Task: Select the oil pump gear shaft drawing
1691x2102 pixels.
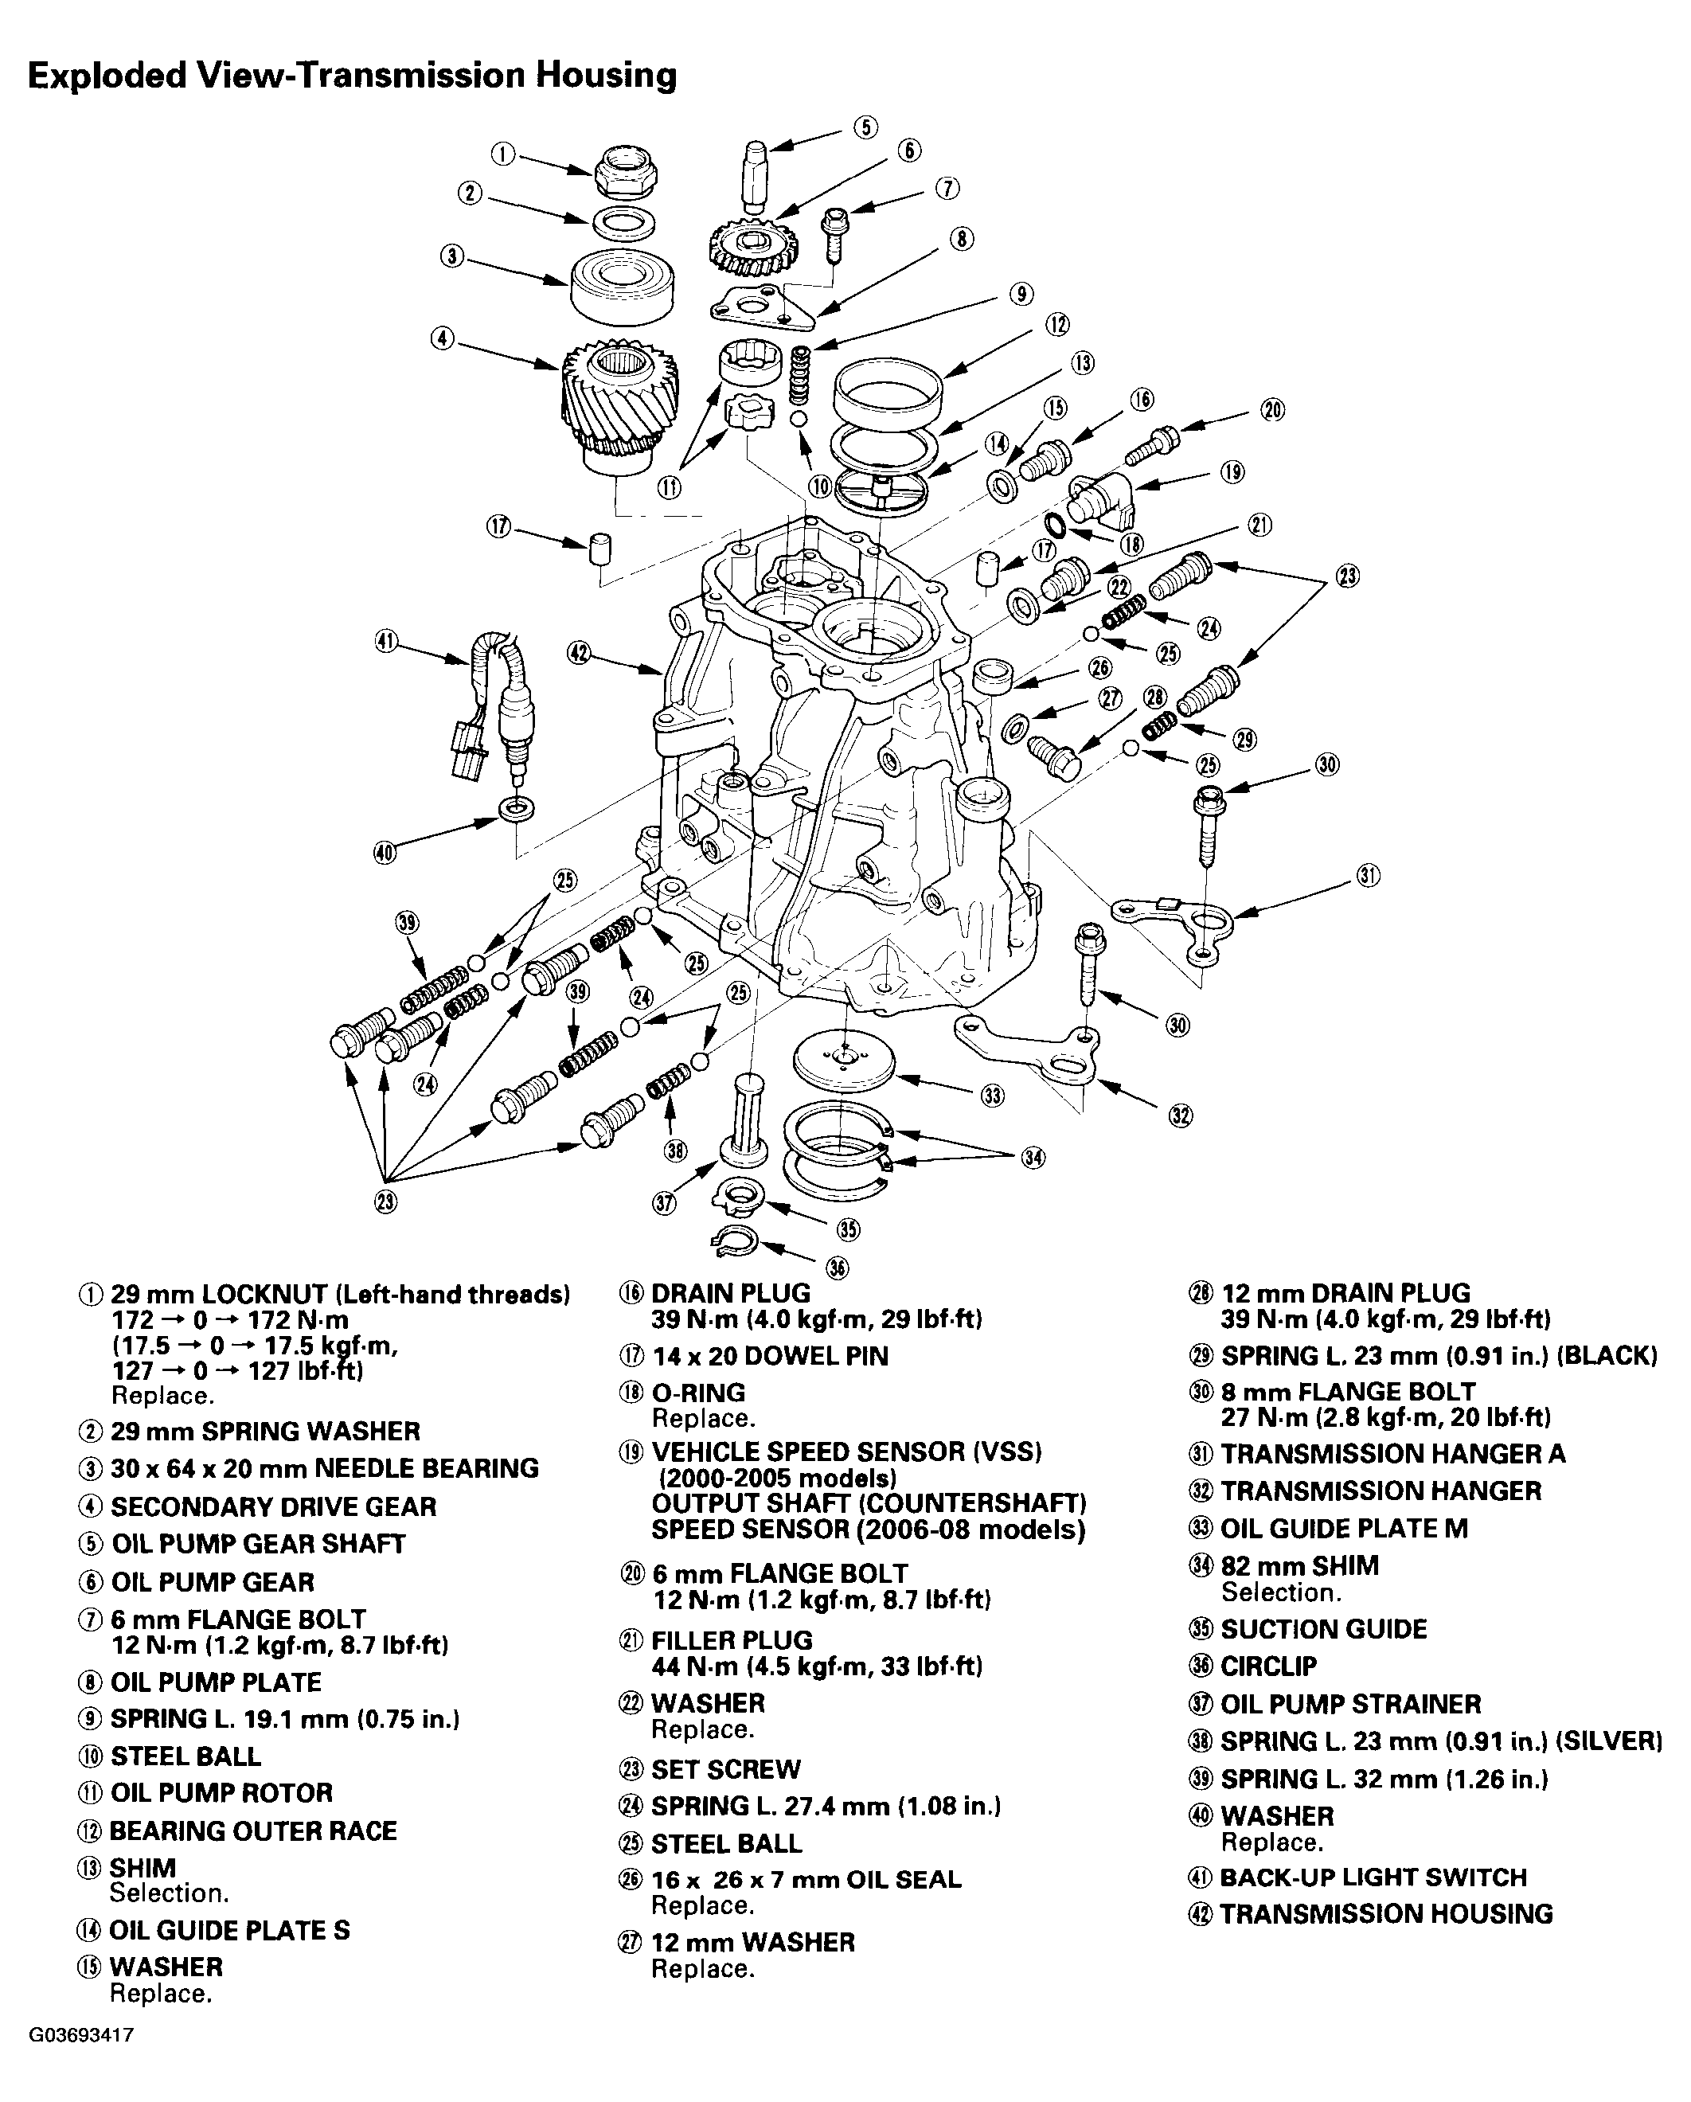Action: pyautogui.click(x=756, y=175)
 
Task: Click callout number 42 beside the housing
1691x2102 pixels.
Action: pyautogui.click(x=579, y=653)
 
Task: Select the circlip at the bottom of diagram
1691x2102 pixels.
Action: pyautogui.click(x=733, y=1239)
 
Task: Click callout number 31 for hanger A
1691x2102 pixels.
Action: pyautogui.click(x=1369, y=877)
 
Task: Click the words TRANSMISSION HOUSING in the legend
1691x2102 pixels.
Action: pyautogui.click(x=1386, y=1914)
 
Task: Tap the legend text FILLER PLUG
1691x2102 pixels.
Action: pyautogui.click(x=731, y=1640)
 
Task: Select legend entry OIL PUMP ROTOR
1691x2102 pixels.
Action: pyautogui.click(x=221, y=1792)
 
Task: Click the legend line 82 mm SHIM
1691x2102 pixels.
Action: pyautogui.click(x=1299, y=1566)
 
